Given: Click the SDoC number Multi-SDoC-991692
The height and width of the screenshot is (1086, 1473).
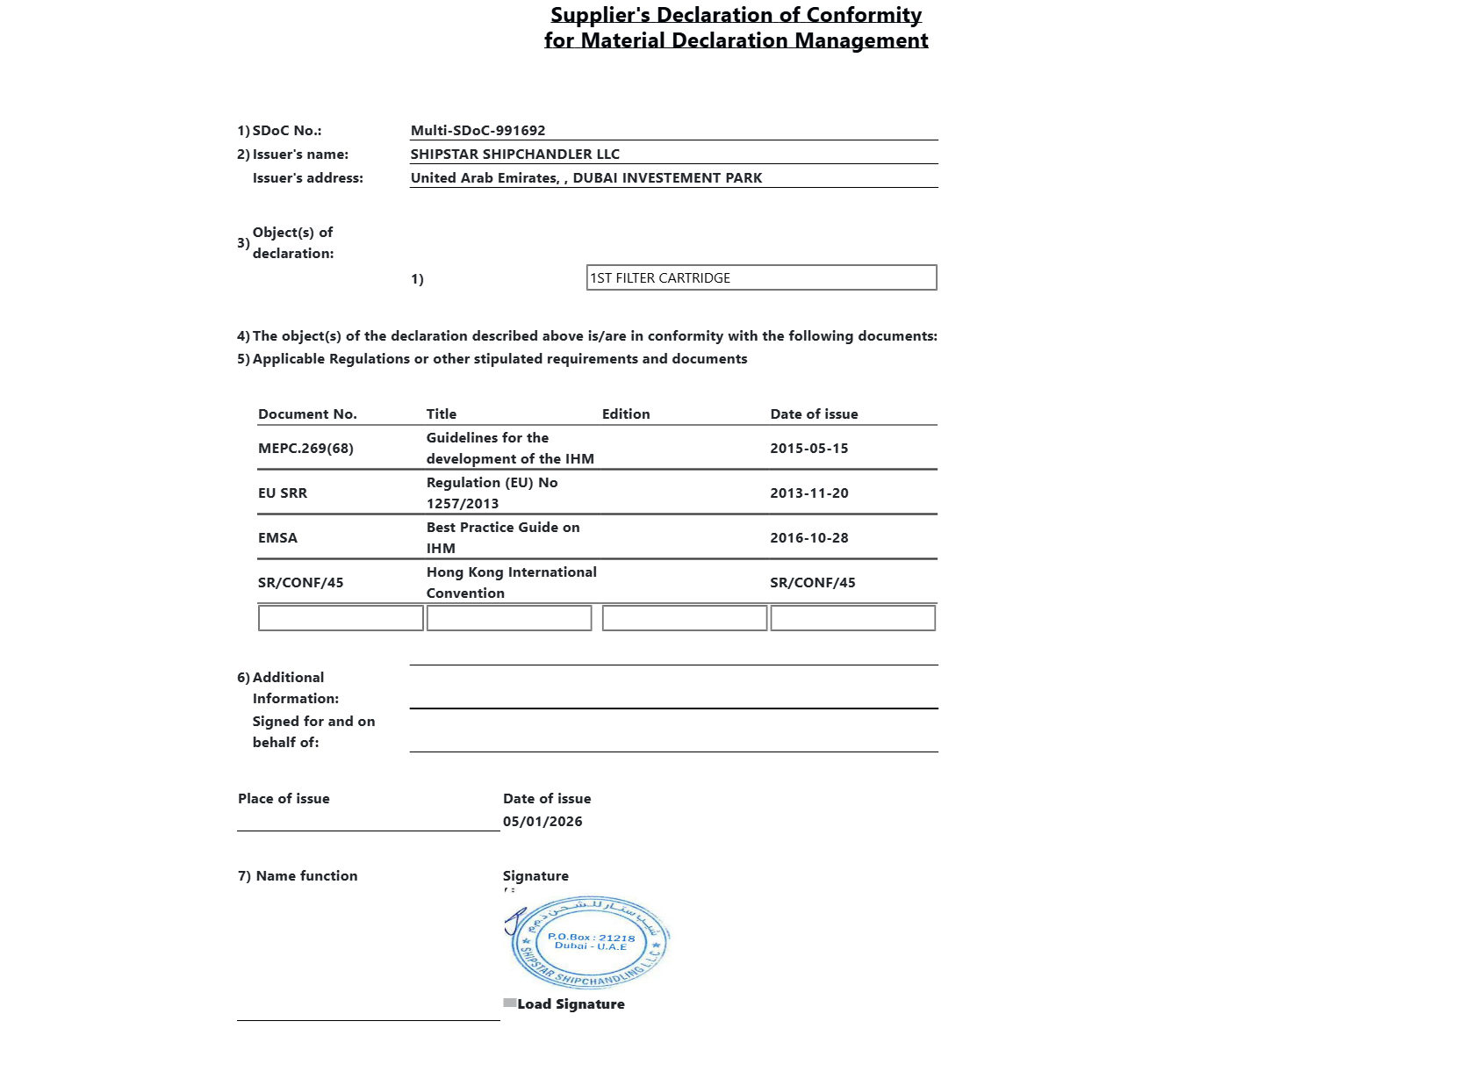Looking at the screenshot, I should coord(478,131).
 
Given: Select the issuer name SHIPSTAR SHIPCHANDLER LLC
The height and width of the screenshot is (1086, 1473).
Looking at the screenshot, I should coord(514,155).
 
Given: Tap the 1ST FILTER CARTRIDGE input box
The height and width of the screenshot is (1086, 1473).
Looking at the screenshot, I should coord(761,277).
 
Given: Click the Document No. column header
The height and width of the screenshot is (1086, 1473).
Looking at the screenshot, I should coord(307,414).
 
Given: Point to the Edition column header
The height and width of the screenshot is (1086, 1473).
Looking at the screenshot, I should coord(626,414).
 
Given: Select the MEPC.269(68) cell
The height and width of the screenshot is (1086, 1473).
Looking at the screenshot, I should coord(305,449).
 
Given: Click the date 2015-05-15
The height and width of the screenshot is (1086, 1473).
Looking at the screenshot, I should coord(808,449).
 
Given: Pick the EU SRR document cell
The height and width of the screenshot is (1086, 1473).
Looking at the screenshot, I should coord(283,493).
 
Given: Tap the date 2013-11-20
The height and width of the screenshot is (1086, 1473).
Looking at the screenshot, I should coord(808,493).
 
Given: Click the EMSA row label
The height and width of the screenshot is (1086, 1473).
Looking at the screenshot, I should coord(277,538).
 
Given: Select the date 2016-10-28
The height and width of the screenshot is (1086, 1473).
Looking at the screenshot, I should coord(808,538).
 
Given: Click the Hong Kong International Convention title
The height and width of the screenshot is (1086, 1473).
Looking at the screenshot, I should coord(511,583).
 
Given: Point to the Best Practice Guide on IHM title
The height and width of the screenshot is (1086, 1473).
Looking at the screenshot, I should coord(502,538).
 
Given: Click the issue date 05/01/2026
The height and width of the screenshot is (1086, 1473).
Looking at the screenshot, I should coord(542,822).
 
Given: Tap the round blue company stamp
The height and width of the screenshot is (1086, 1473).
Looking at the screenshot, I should coord(590,943).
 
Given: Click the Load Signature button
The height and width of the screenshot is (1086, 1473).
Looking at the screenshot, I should coord(570,1004).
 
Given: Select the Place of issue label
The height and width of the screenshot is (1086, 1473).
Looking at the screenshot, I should coord(284,799).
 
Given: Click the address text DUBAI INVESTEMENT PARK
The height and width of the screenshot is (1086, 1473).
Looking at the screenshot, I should coord(667,178).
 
